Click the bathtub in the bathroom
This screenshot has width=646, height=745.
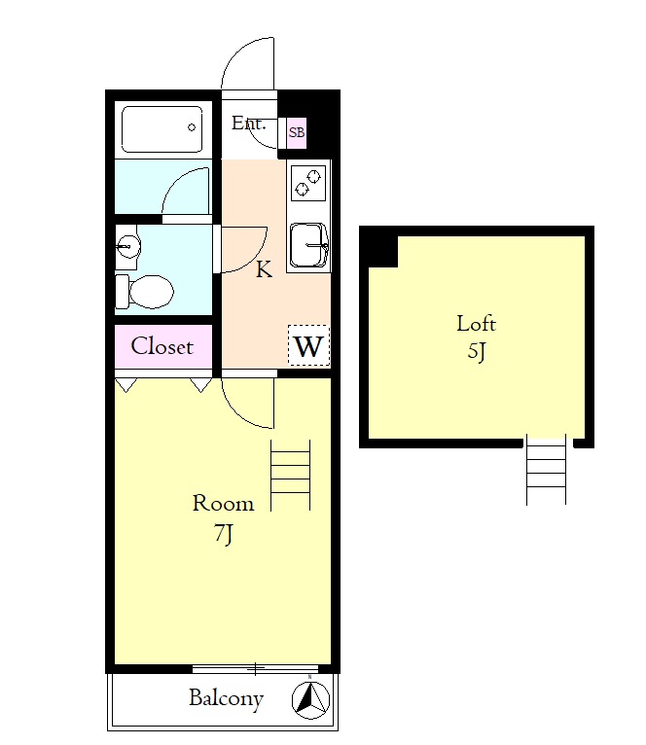click(x=161, y=128)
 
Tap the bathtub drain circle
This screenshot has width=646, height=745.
click(x=192, y=127)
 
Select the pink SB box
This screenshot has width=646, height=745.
click(x=297, y=132)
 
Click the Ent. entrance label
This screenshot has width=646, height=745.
click(x=248, y=124)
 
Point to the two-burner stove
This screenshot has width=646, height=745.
click(x=308, y=183)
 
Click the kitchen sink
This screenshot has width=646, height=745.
click(x=309, y=245)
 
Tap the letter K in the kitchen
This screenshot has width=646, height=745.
click(x=264, y=269)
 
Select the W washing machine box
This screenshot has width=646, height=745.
click(x=309, y=345)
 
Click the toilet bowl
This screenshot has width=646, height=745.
click(x=146, y=292)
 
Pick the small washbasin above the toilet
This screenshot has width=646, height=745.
click(x=127, y=246)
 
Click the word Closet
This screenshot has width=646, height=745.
click(x=162, y=346)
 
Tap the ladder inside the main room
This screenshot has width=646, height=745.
click(x=291, y=476)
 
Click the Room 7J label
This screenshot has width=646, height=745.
click(x=223, y=518)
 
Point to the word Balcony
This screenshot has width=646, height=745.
click(x=227, y=699)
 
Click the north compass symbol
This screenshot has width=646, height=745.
click(x=310, y=699)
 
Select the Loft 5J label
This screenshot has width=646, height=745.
click(x=477, y=337)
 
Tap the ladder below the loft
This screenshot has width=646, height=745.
click(x=546, y=470)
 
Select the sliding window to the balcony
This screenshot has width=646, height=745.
click(x=255, y=669)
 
